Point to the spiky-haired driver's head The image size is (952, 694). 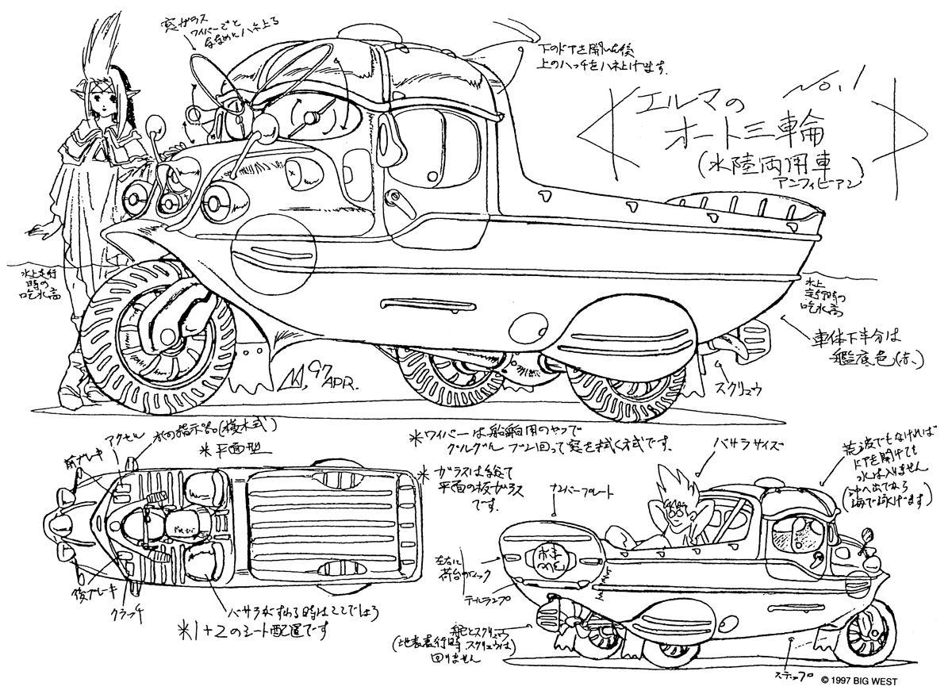point(678,504)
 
